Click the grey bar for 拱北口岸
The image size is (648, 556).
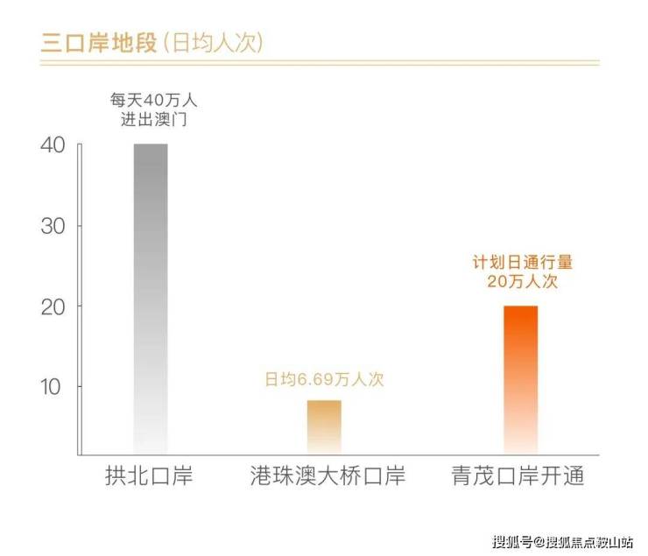pyautogui.click(x=151, y=298)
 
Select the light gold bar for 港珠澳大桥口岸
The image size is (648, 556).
pyautogui.click(x=324, y=426)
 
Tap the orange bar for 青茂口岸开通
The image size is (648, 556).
pyautogui.click(x=521, y=379)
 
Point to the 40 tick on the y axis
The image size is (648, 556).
pyautogui.click(x=53, y=145)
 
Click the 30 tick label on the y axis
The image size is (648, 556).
pyautogui.click(x=53, y=226)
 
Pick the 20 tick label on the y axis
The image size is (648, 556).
pyautogui.click(x=53, y=306)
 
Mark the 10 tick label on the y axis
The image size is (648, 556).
pyautogui.click(x=53, y=387)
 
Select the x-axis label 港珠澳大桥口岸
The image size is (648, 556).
pyautogui.click(x=324, y=477)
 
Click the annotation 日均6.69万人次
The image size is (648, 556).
pyautogui.click(x=325, y=380)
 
